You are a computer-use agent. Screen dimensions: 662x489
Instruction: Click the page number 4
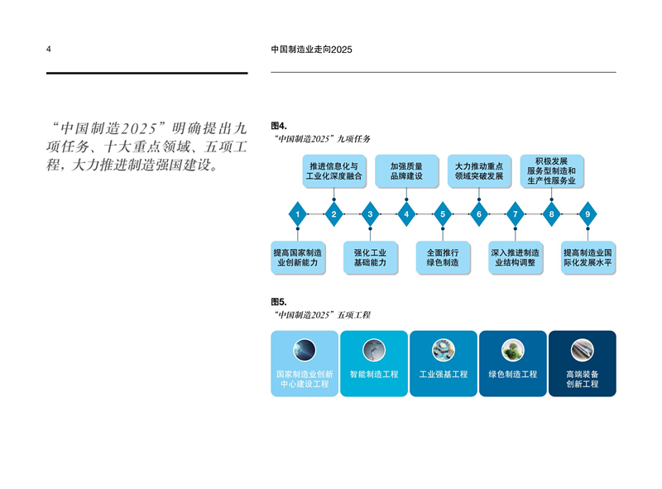pos(49,49)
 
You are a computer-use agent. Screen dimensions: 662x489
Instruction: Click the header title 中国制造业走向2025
pos(312,50)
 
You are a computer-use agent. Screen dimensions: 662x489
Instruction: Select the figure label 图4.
pos(279,126)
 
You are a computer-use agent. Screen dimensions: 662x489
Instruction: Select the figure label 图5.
pos(279,301)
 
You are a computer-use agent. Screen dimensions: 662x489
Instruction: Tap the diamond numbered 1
pos(298,213)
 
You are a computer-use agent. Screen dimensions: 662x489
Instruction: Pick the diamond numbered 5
pos(443,213)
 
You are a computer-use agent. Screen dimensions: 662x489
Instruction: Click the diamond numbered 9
pos(588,213)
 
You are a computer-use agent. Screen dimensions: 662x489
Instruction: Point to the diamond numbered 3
pos(370,213)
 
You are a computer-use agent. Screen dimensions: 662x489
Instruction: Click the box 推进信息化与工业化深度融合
pos(334,171)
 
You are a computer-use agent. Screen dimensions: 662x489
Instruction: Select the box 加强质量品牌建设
pos(406,171)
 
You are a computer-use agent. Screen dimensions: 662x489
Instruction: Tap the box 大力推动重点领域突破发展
pos(479,171)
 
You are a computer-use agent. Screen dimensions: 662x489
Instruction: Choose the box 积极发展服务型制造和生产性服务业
pos(551,171)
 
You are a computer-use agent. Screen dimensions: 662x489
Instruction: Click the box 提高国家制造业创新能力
pos(298,257)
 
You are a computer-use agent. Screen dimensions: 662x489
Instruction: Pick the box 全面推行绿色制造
pos(443,257)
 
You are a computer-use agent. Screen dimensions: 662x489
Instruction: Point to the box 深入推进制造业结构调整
pos(515,257)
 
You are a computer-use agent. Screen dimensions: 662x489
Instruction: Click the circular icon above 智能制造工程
pos(374,350)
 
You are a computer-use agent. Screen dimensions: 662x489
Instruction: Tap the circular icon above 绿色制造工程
pos(513,350)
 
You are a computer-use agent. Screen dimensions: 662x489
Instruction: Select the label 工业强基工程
pos(444,374)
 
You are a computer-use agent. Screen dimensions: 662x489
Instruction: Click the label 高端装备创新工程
pos(583,379)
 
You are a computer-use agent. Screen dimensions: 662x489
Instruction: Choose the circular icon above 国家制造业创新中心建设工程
pos(305,350)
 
